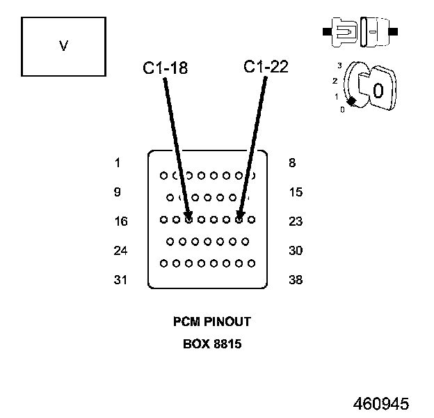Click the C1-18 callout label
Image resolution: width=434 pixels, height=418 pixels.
166,68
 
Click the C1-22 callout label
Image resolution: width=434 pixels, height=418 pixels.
266,67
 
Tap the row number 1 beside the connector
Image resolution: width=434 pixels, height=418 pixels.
118,163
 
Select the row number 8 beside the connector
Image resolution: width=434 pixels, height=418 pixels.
291,163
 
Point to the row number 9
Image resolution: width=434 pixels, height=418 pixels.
118,192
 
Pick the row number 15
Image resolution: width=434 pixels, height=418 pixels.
296,192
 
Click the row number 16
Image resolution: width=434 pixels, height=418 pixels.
121,222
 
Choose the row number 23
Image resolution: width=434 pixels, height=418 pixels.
296,222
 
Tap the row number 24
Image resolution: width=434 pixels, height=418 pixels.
121,251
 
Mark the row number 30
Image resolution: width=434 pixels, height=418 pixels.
296,251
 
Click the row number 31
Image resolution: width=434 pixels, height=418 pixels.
121,280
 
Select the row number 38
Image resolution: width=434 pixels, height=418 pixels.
296,280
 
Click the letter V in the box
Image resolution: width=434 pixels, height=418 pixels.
63,47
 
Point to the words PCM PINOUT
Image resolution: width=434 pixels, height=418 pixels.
211,322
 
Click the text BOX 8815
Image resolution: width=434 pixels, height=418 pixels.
211,343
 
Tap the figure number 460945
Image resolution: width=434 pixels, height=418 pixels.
380,404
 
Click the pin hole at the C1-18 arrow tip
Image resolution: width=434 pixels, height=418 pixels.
188,219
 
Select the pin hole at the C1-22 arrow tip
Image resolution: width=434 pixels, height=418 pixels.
239,219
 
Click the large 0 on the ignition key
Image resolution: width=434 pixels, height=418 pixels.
378,91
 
